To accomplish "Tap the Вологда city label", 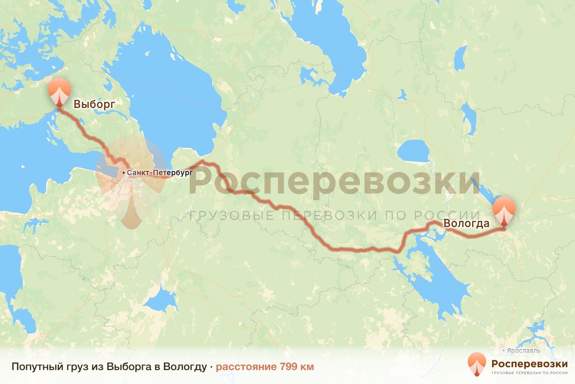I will click(466, 223).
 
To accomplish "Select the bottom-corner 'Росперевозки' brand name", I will click(529, 363).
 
